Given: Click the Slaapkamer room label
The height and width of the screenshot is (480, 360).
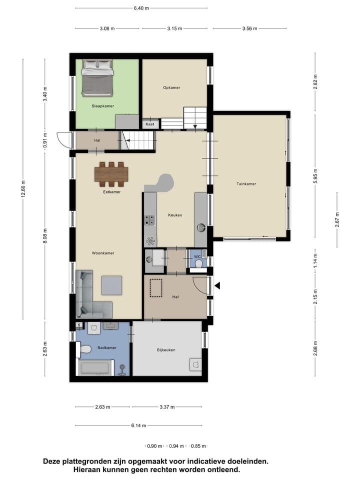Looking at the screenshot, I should tap(102, 106).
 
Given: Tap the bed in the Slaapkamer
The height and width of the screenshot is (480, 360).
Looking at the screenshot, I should tap(97, 78).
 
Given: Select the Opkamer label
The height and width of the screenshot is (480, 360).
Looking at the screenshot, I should tap(171, 87).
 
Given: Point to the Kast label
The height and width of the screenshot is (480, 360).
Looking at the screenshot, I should tap(150, 123).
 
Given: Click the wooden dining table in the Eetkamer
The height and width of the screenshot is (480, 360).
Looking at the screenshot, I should tap(112, 173).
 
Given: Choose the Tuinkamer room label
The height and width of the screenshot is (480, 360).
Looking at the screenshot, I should tap(246, 184).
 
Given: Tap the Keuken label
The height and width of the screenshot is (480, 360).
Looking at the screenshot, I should tap(175, 215).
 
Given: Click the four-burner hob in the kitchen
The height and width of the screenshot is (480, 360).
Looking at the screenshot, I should tap(149, 220).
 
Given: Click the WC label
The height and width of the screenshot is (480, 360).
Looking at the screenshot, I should tap(197, 256).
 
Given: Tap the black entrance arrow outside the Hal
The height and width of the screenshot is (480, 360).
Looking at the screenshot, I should tap(217, 286).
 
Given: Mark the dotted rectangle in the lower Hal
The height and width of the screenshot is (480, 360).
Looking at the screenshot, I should tap(157, 287).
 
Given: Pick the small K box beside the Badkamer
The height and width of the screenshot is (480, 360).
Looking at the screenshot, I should tap(78, 325).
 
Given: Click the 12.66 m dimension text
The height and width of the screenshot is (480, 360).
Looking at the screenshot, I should tap(23, 189).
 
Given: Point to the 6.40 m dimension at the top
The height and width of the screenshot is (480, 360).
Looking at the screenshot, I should tap(141, 8).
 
